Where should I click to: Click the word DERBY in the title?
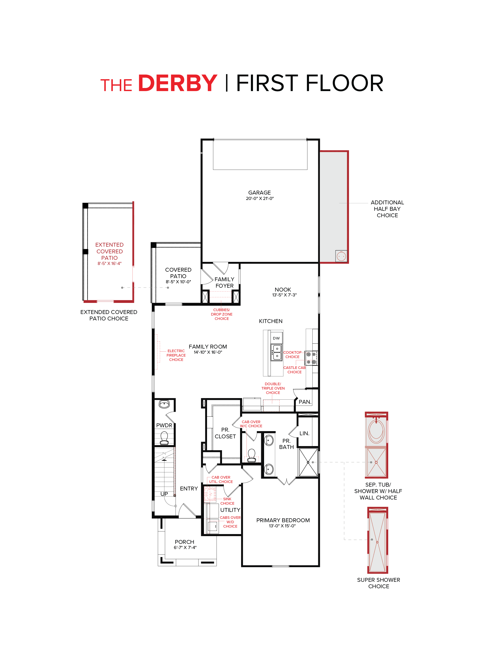tap(177, 83)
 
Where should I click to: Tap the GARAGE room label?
tap(259, 192)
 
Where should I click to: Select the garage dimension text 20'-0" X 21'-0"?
tap(260, 199)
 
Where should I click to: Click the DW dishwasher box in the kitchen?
tap(276, 338)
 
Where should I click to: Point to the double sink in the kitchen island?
tap(276, 352)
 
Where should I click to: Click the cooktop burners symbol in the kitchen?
tap(311, 358)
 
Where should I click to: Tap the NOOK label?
tap(283, 289)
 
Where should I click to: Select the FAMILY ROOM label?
tap(208, 347)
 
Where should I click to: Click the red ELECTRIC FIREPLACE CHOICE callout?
tap(176, 355)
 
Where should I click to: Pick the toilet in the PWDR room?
tap(164, 438)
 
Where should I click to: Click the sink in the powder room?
tap(164, 404)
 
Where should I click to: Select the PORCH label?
tap(184, 542)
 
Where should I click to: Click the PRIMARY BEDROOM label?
tap(283, 520)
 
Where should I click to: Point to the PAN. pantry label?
tap(305, 402)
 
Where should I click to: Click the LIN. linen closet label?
tap(304, 433)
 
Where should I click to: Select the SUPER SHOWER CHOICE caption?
tap(378, 583)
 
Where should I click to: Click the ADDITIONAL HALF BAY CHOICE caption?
tap(387, 209)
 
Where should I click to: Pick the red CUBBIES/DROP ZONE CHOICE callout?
tap(221, 314)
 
